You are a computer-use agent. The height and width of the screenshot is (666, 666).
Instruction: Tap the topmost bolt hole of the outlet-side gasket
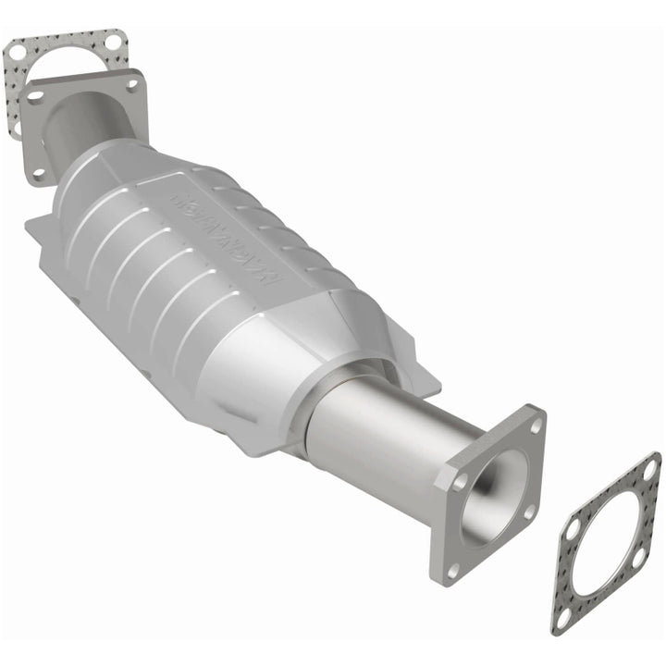(x=649, y=470)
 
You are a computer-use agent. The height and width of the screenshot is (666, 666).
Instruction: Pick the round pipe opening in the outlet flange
(x=490, y=495)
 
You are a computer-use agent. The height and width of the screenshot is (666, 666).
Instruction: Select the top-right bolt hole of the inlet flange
(x=132, y=83)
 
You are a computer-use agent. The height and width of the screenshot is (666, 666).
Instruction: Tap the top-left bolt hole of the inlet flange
(x=34, y=96)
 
